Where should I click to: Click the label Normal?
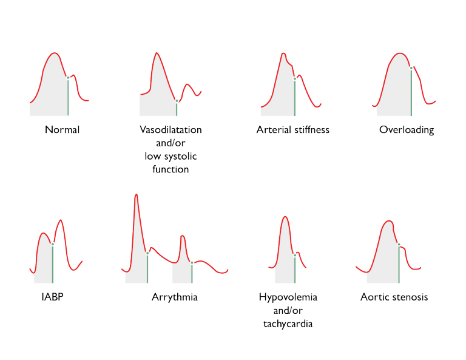click(62, 130)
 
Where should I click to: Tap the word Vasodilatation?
click(171, 130)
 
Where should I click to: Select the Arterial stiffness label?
click(293, 130)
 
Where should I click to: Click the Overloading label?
click(407, 130)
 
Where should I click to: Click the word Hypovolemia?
click(288, 297)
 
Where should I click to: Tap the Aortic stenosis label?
click(394, 297)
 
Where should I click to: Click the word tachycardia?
click(288, 324)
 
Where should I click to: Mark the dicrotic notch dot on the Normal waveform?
click(68, 78)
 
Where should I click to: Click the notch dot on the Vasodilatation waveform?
click(177, 101)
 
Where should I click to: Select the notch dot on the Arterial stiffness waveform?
click(295, 78)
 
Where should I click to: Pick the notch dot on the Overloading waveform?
click(411, 68)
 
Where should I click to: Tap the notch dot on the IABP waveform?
click(53, 244)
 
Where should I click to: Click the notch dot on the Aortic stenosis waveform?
click(399, 244)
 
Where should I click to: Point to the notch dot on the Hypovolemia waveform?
click(295, 255)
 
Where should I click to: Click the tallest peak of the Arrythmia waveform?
click(136, 195)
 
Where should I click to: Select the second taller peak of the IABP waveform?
click(61, 220)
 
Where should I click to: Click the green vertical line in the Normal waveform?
click(68, 97)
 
